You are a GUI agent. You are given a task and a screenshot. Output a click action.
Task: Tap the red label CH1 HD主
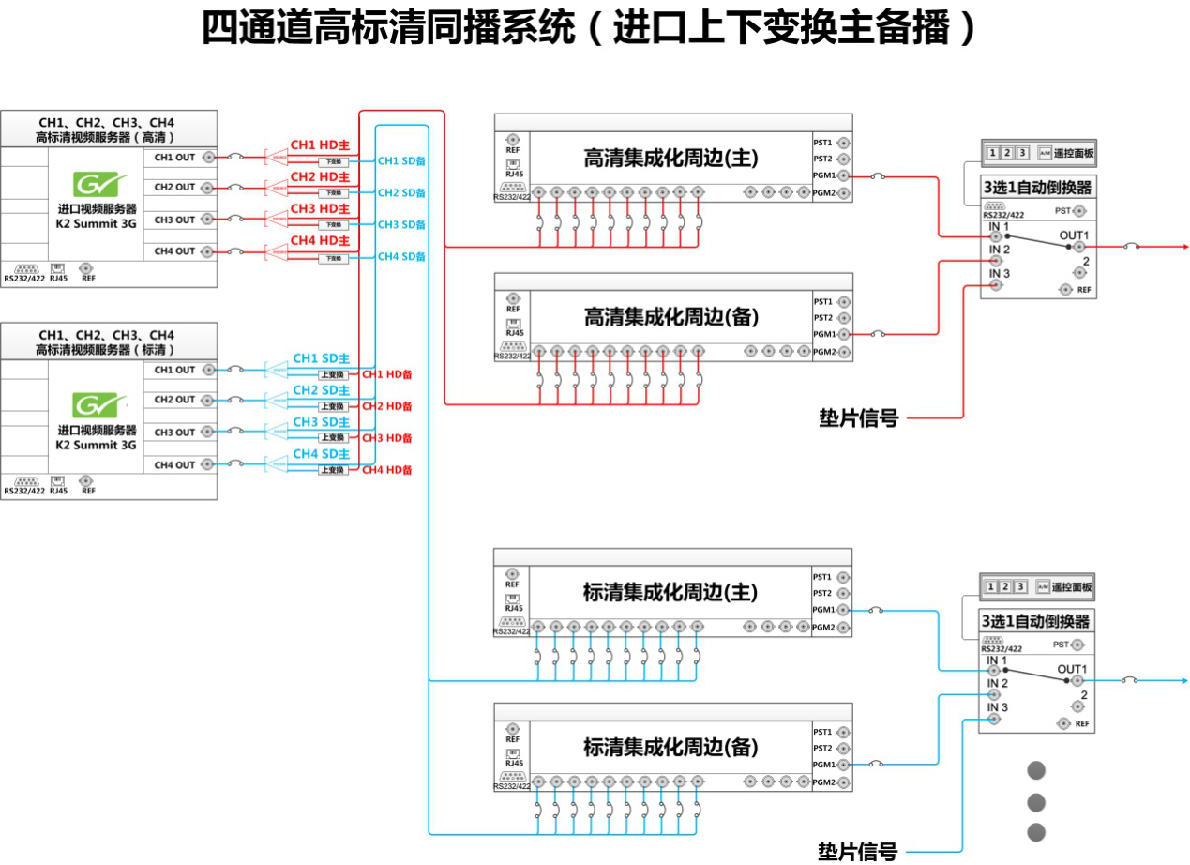[319, 145]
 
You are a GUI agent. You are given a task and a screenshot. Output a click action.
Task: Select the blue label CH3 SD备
[401, 224]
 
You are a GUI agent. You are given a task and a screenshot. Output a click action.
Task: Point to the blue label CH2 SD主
[321, 390]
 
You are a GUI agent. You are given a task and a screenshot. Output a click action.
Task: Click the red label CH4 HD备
[387, 469]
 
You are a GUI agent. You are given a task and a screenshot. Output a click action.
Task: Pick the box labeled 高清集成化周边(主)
[670, 159]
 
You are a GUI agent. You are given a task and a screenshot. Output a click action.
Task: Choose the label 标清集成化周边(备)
[670, 748]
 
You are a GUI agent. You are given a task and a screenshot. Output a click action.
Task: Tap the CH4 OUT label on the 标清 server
[174, 464]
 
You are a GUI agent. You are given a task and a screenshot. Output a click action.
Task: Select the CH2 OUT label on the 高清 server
[174, 187]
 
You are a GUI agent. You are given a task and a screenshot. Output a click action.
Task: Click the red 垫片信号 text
[858, 418]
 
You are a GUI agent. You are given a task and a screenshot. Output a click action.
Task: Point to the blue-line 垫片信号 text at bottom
[857, 850]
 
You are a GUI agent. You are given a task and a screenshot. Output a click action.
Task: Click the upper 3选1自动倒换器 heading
[1036, 188]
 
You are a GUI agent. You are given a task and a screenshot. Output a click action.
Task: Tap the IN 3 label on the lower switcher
[997, 706]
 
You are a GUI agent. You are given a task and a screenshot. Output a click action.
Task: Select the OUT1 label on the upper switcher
[1074, 235]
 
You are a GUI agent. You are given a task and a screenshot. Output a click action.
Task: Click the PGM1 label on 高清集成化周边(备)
[823, 334]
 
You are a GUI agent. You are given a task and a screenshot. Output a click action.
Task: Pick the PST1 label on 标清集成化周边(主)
[822, 577]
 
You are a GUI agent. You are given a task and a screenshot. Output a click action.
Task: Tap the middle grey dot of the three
[1036, 802]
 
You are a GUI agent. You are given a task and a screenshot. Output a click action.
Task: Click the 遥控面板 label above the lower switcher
[1073, 587]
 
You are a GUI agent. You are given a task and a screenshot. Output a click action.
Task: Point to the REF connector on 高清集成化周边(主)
[513, 139]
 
